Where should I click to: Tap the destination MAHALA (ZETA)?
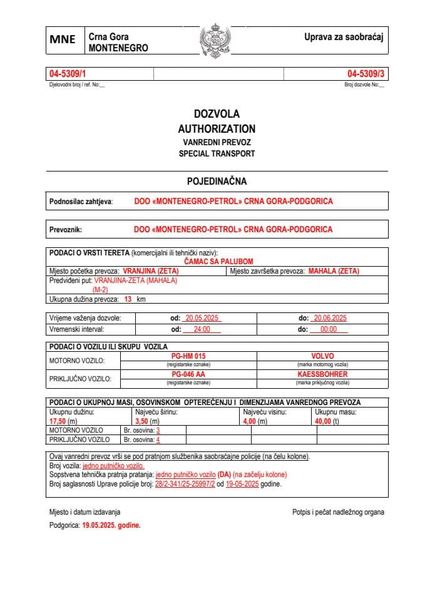pyautogui.click(x=334, y=271)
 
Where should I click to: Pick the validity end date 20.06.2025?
pyautogui.click(x=329, y=318)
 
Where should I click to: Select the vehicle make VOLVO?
pyautogui.click(x=322, y=356)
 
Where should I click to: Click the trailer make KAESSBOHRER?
pyautogui.click(x=322, y=374)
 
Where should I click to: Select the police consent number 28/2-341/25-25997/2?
pyautogui.click(x=185, y=484)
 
